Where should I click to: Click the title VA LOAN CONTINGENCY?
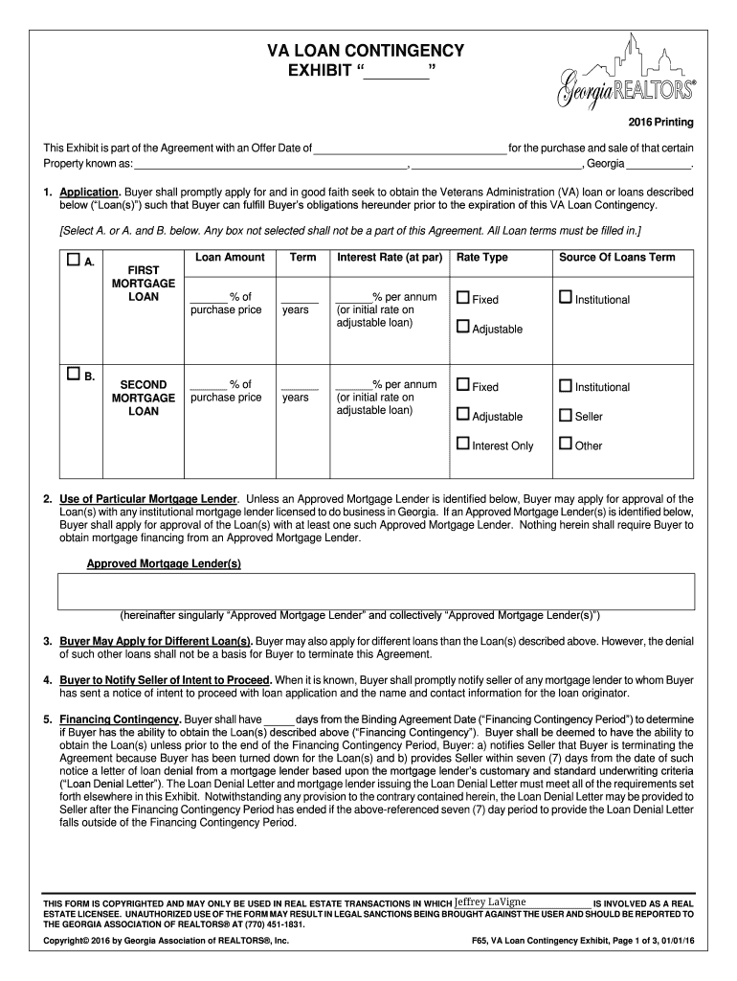[x=351, y=50]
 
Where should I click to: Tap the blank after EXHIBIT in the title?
[x=396, y=72]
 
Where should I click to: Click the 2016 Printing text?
[x=660, y=124]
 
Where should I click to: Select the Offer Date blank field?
[x=410, y=148]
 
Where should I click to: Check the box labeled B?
[x=74, y=375]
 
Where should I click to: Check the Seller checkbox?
[x=566, y=416]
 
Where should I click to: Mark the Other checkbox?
[x=566, y=445]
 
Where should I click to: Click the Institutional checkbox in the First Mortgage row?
[x=566, y=299]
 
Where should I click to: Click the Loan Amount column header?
[x=230, y=258]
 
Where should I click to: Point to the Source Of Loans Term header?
[x=616, y=258]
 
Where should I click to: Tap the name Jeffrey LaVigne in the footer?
[x=490, y=901]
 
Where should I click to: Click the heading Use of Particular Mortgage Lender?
[x=147, y=499]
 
